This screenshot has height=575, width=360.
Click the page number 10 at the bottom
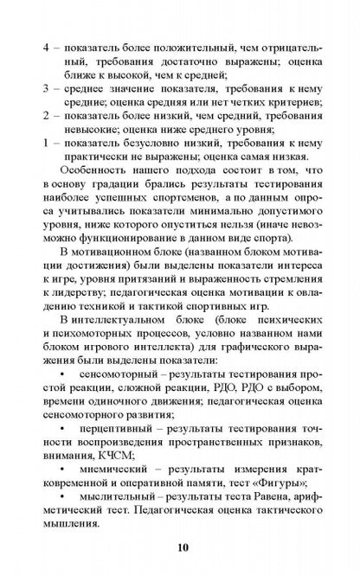[x=180, y=546]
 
